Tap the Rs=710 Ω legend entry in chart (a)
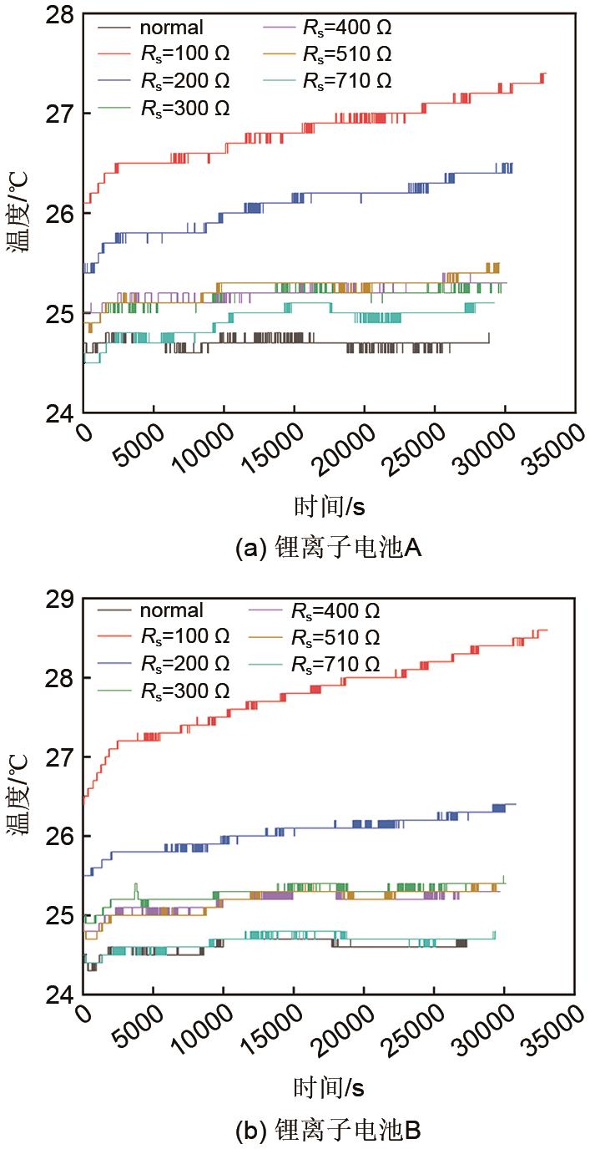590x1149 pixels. [x=347, y=81]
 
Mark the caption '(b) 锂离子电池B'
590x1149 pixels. [x=329, y=1131]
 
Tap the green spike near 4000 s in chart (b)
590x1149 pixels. [x=136, y=885]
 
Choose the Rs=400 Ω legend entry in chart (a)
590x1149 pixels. [x=347, y=28]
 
